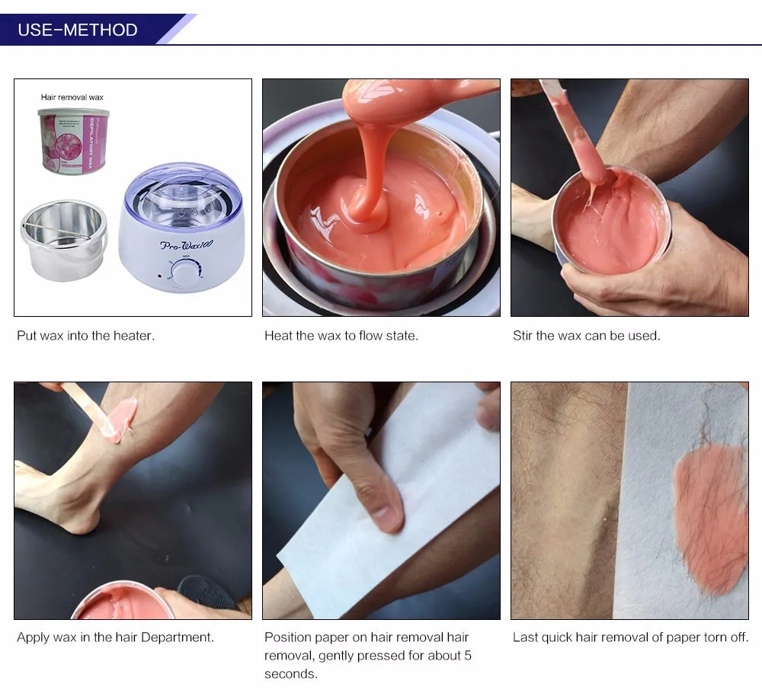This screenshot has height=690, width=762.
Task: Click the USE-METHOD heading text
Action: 78,30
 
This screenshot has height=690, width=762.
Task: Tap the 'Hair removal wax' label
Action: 72,97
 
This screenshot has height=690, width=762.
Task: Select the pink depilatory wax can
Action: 73,141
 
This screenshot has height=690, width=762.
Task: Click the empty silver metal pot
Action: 63,240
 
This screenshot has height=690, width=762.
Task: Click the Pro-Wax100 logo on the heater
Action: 187,245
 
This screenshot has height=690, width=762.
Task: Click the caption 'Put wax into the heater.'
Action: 85,336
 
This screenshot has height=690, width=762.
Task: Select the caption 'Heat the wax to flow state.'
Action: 341,336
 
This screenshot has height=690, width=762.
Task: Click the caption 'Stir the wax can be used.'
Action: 587,336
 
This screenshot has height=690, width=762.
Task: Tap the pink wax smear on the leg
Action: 124,417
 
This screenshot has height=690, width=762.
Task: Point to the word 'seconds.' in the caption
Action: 291,674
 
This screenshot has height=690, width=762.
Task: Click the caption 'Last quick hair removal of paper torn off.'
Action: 631,637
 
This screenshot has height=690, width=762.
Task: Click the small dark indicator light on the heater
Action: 160,276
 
